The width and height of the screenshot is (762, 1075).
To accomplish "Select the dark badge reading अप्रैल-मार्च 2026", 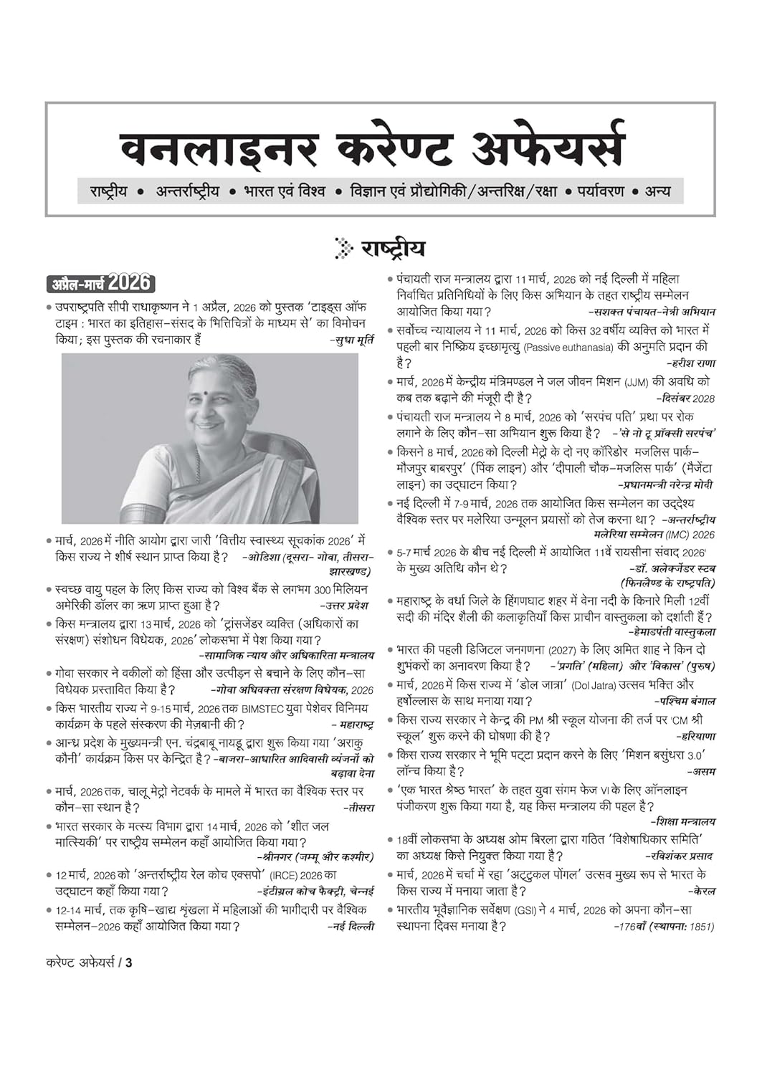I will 100,283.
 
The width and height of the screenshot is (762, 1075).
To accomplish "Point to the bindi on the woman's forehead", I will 218,393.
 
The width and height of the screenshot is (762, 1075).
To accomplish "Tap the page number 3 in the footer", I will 128,962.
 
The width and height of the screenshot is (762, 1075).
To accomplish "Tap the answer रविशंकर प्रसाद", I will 679,856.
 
